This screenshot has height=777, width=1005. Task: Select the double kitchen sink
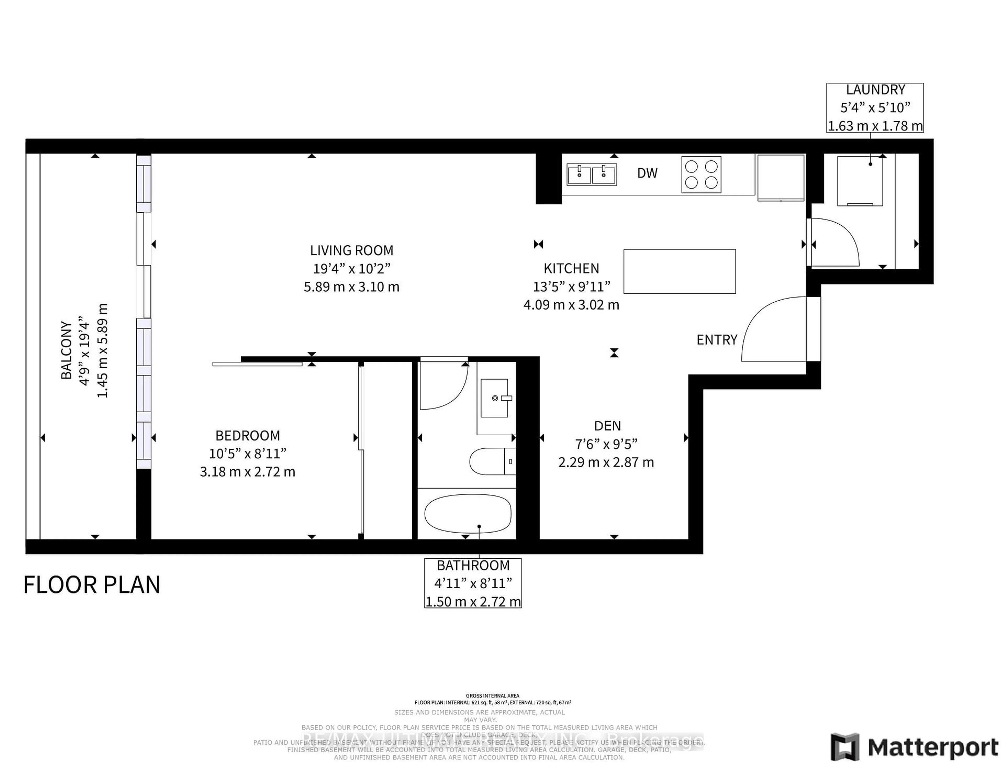tap(591, 174)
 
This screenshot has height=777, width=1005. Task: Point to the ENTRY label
tap(717, 340)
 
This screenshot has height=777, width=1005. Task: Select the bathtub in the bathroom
tap(467, 514)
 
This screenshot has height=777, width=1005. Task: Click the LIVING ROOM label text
tap(351, 251)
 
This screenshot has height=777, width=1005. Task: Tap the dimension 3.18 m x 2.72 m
tap(248, 472)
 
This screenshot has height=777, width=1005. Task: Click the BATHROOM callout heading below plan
tap(473, 565)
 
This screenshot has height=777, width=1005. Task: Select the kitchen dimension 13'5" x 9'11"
tap(572, 287)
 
